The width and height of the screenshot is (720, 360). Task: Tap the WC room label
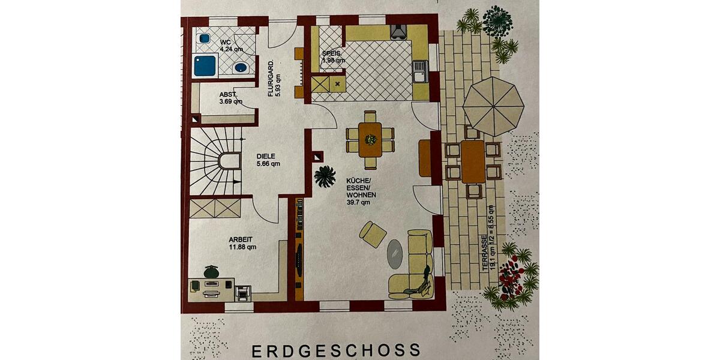(x=232, y=46)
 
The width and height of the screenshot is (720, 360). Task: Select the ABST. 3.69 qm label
(x=231, y=98)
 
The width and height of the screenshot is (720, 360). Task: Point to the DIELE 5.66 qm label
(x=268, y=160)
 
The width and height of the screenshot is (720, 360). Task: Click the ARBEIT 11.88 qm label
(x=242, y=244)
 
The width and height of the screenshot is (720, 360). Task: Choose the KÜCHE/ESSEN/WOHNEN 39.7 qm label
(x=361, y=191)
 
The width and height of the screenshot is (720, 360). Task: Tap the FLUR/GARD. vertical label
(x=274, y=78)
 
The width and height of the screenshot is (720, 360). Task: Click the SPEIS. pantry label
(x=334, y=56)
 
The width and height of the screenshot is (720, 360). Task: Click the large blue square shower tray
(x=205, y=65)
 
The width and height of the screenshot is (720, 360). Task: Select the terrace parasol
(x=493, y=106)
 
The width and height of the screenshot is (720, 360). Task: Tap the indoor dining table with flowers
(x=370, y=140)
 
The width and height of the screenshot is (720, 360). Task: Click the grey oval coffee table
(x=394, y=254)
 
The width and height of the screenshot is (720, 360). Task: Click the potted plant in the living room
(x=325, y=176)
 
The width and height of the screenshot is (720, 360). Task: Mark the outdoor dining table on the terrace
(x=473, y=161)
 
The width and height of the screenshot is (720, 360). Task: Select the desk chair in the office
(x=211, y=272)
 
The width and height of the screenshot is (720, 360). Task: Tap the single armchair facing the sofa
(x=373, y=234)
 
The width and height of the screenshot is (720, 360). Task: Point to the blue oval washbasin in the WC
(x=241, y=67)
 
